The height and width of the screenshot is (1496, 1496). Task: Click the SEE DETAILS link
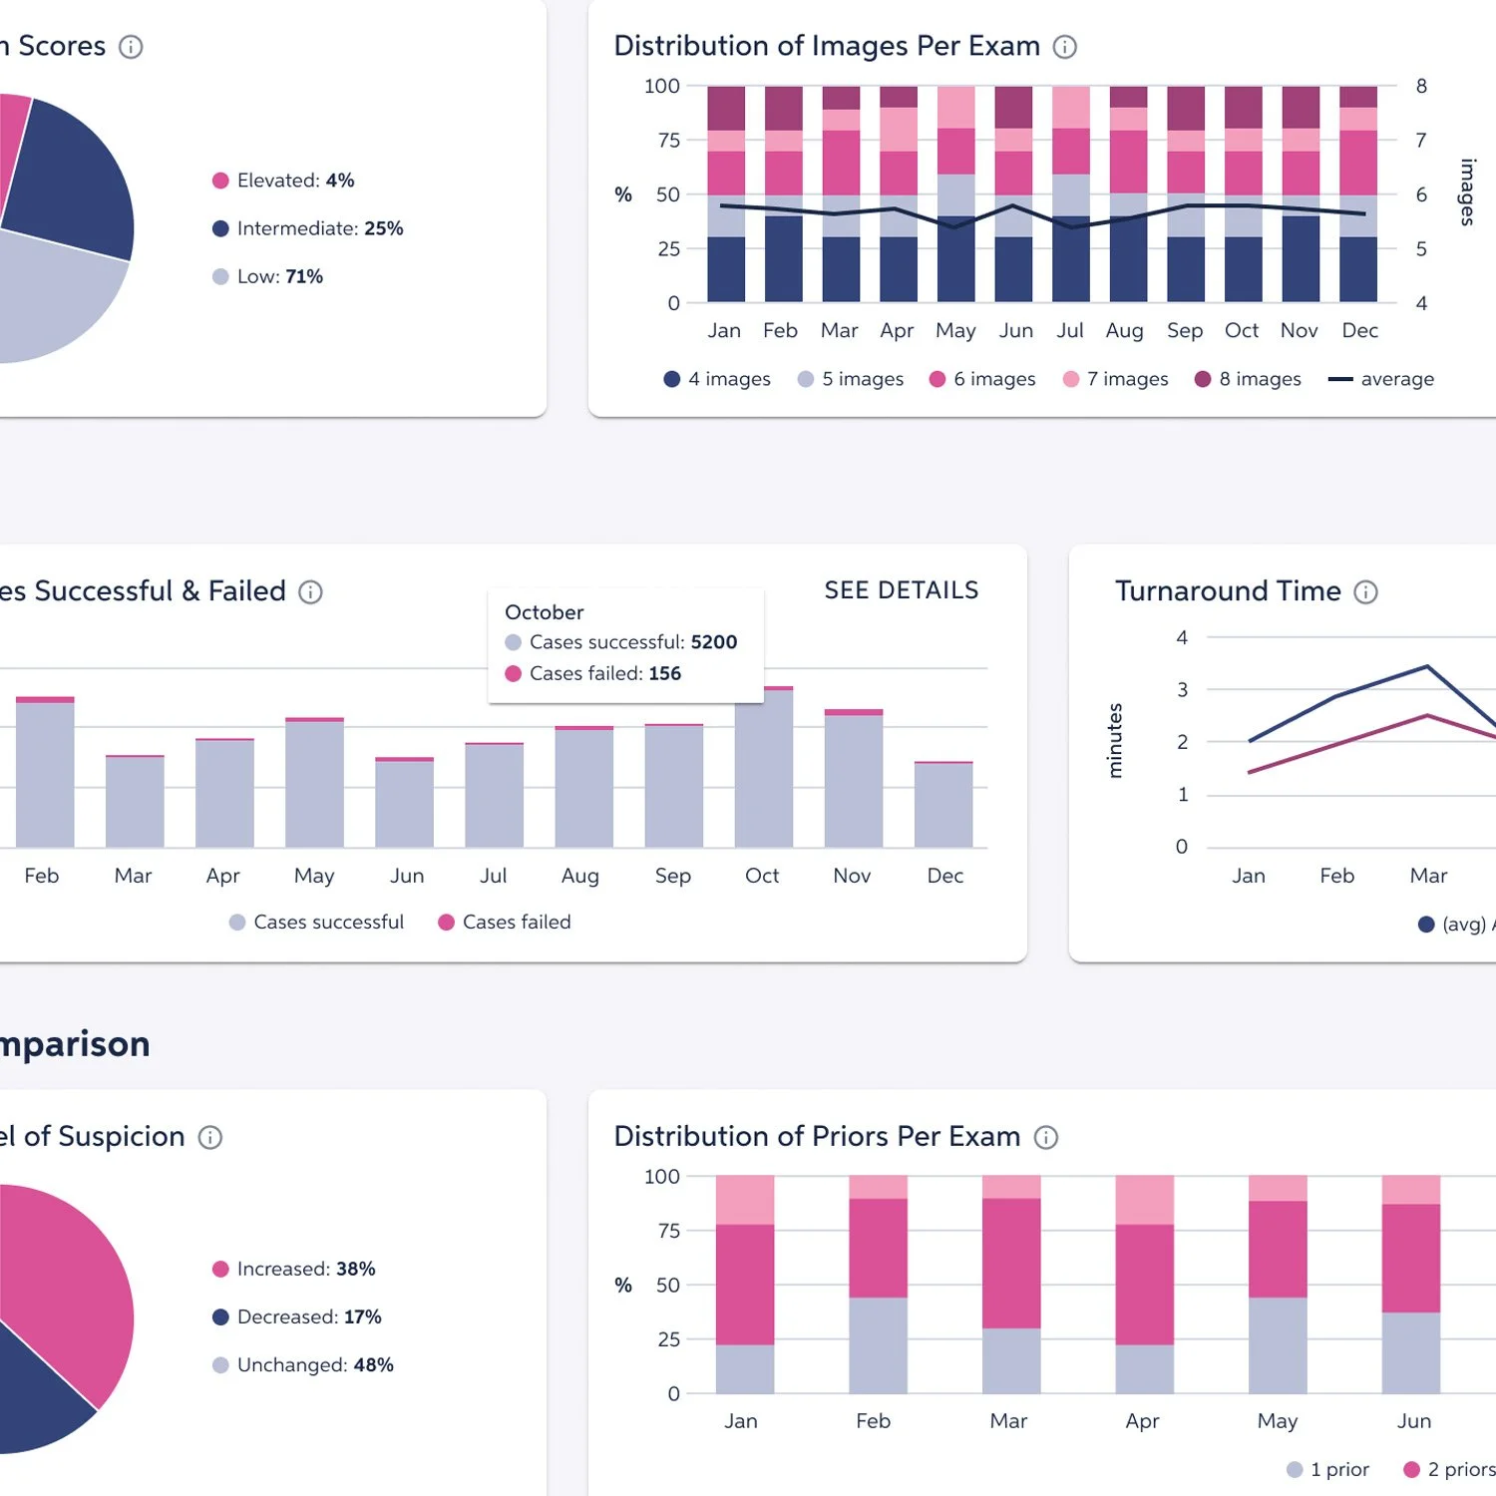901,590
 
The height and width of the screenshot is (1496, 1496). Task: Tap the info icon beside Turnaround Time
1365,592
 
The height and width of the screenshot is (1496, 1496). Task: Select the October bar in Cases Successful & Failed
764,768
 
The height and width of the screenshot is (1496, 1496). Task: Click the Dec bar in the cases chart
943,805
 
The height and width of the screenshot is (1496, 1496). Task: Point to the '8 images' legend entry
1248,379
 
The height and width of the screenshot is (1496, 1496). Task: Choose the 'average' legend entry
1381,379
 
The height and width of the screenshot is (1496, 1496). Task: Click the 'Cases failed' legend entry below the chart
505,923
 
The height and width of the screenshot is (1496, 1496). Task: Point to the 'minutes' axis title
1115,741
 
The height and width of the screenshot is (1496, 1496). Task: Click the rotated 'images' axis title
1467,192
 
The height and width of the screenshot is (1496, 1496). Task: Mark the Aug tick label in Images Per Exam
1124,331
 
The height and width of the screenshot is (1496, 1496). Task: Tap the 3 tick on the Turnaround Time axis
1183,690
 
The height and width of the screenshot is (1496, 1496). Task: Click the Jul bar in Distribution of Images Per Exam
1071,194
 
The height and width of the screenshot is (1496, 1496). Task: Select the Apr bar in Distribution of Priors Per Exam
1144,1285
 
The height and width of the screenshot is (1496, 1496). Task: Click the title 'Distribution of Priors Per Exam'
817,1137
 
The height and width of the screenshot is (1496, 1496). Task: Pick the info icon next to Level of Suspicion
209,1138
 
